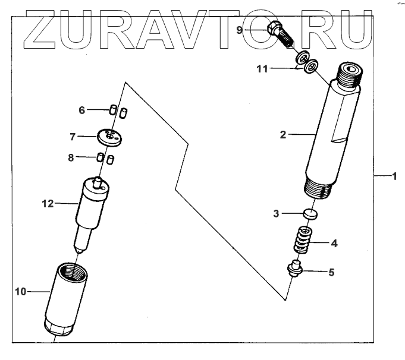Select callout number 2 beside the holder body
point(284,135)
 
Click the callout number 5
point(332,272)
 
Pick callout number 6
point(83,109)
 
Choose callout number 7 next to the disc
point(73,137)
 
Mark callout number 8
point(71,157)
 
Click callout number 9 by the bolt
point(240,29)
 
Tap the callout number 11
point(262,69)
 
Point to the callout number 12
point(48,204)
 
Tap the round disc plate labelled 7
point(108,137)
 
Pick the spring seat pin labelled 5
point(296,269)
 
